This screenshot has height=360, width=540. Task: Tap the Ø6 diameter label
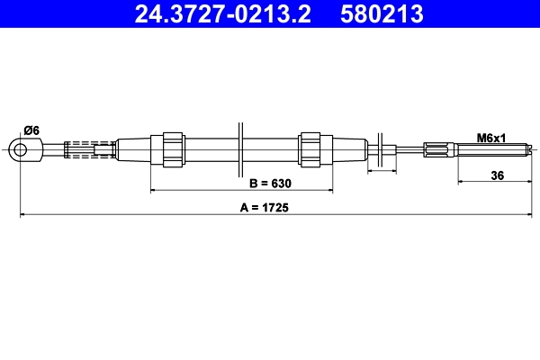coord(31,130)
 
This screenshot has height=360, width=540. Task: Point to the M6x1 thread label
coord(491,137)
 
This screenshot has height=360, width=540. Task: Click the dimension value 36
coord(497,175)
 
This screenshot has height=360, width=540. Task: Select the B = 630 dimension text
coord(271,184)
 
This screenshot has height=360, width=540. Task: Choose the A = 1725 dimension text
coord(271,207)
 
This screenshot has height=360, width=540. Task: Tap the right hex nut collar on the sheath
coord(310,148)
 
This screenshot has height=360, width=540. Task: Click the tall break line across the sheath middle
coord(240,148)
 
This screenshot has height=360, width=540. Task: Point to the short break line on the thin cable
coord(384,149)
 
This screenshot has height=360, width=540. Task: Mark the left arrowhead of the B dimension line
coord(153,191)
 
